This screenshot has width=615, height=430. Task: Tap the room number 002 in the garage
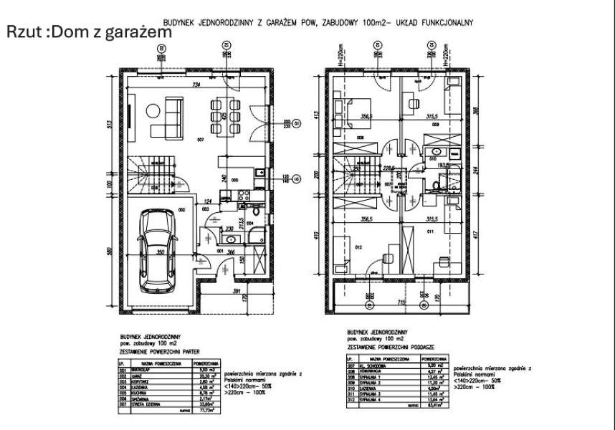[x=182, y=209]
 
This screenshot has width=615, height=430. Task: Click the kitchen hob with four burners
[x=242, y=193]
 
